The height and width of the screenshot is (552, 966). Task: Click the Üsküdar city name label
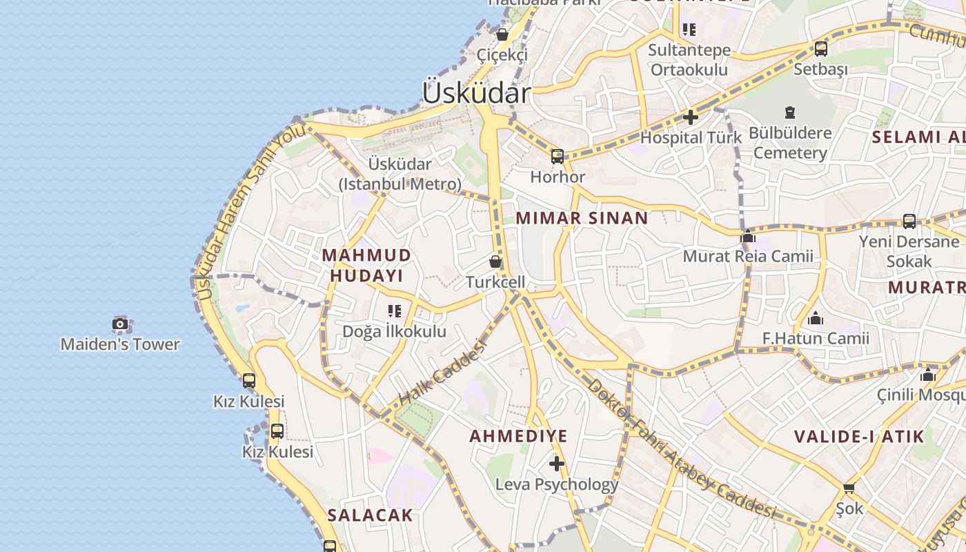[x=476, y=92]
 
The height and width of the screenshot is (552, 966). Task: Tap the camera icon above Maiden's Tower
[x=120, y=324]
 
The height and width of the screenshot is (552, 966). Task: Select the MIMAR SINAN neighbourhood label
[x=582, y=219]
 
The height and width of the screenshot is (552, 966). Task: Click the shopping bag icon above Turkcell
[x=495, y=262]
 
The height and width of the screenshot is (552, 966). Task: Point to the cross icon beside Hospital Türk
[x=690, y=117]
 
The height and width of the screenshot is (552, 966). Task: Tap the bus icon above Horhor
[x=557, y=157]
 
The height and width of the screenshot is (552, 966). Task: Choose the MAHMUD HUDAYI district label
[x=366, y=265]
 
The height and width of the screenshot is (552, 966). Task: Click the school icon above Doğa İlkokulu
[x=394, y=311]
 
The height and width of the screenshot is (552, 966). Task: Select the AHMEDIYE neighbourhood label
[x=518, y=436]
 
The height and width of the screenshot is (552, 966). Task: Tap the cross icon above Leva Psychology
[x=557, y=463]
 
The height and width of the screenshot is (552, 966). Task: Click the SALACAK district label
[x=370, y=515]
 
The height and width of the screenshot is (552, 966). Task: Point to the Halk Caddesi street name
[x=442, y=373]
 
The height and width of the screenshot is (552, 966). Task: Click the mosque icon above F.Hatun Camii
[x=816, y=318]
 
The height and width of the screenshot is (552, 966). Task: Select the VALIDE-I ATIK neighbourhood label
[x=858, y=436]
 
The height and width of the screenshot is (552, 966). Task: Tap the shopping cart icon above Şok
[x=849, y=488]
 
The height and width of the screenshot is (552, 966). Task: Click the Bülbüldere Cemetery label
[x=790, y=142]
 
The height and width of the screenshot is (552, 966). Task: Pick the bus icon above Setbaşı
[x=820, y=49]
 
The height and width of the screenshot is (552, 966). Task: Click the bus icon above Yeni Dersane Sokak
[x=909, y=221]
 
